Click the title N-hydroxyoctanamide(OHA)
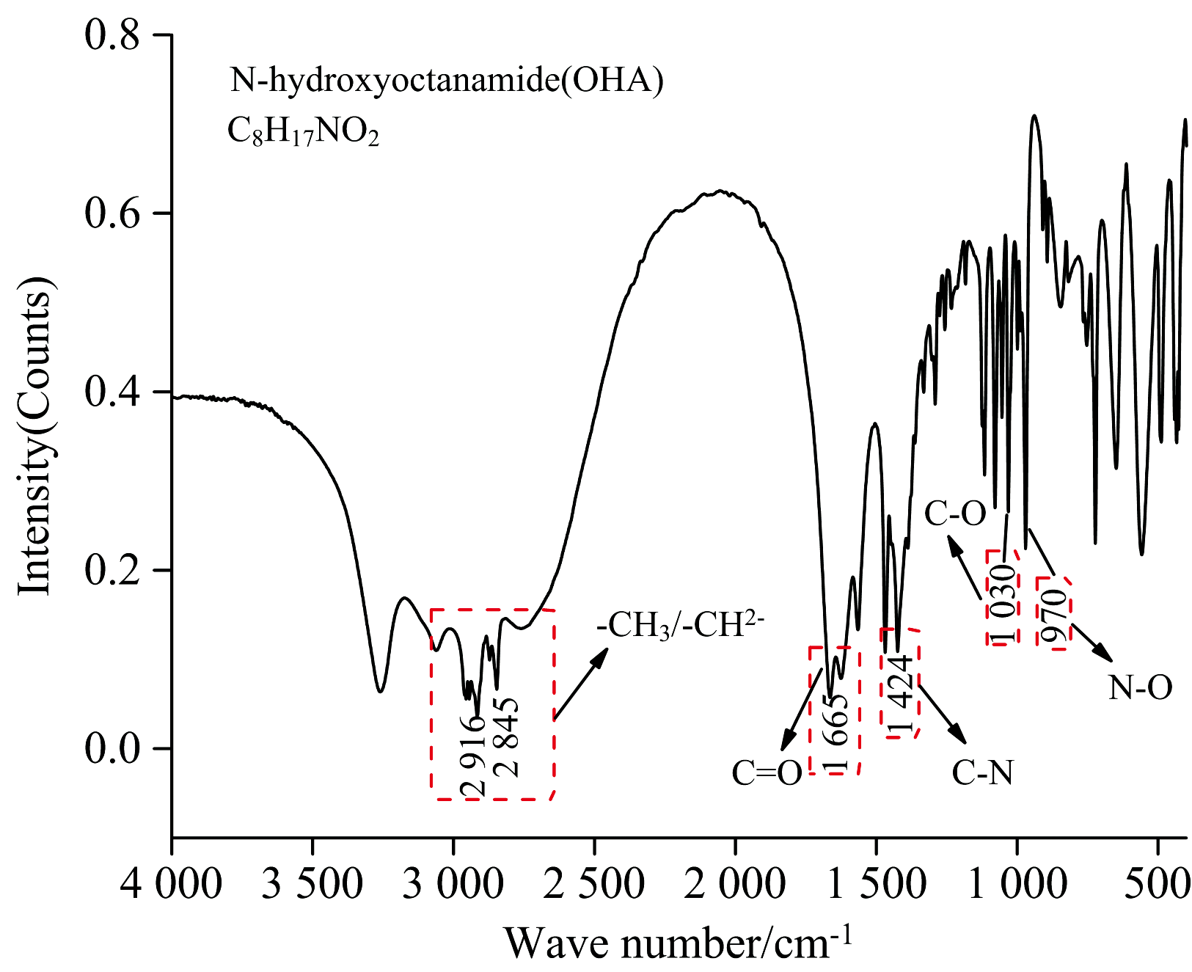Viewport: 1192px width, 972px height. pyautogui.click(x=447, y=80)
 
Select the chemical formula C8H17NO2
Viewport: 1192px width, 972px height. pyautogui.click(x=303, y=132)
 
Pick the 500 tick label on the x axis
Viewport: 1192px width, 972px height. pyautogui.click(x=1158, y=883)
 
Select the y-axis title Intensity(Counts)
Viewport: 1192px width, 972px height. pyautogui.click(x=35, y=436)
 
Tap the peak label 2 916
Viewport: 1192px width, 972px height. pyautogui.click(x=473, y=756)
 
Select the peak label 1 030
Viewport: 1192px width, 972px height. pyautogui.click(x=1003, y=604)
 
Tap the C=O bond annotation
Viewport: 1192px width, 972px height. pyautogui.click(x=767, y=773)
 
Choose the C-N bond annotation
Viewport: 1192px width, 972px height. pyautogui.click(x=983, y=772)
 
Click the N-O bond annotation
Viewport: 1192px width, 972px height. pyautogui.click(x=1140, y=688)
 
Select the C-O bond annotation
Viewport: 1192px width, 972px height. pyautogui.click(x=955, y=514)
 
